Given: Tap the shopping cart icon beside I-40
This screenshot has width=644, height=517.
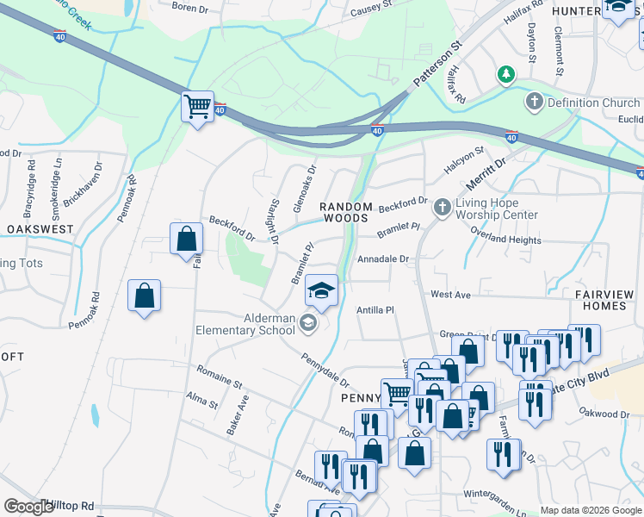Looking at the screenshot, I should (x=198, y=108).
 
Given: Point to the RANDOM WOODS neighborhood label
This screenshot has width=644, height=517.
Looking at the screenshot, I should (x=346, y=213).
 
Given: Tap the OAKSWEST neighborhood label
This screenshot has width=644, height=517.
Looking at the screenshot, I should (x=40, y=229).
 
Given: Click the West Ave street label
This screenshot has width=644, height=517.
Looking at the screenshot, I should (x=450, y=295).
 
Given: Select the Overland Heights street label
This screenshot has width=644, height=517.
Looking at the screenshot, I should (x=505, y=240).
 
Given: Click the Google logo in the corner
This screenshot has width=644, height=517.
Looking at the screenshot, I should (x=29, y=508).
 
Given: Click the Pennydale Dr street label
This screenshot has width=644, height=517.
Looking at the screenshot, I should (x=325, y=371).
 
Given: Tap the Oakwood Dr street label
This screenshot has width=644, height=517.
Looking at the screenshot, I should (x=605, y=414).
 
